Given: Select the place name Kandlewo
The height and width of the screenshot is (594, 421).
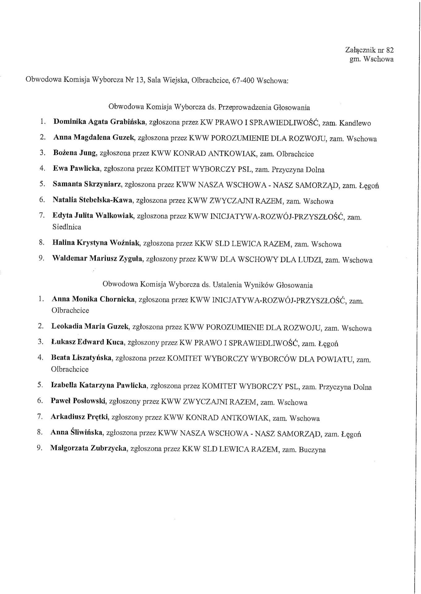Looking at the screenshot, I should [x=355, y=123].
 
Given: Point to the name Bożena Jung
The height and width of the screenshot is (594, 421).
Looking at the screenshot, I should [x=74, y=153].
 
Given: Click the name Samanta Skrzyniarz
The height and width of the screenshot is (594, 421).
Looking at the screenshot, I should [x=88, y=184].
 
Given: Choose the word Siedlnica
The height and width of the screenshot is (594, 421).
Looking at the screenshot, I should [x=67, y=227].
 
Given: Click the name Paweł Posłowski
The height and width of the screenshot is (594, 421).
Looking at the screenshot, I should [x=79, y=401].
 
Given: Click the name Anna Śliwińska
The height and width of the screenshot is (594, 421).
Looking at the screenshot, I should [x=76, y=433].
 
